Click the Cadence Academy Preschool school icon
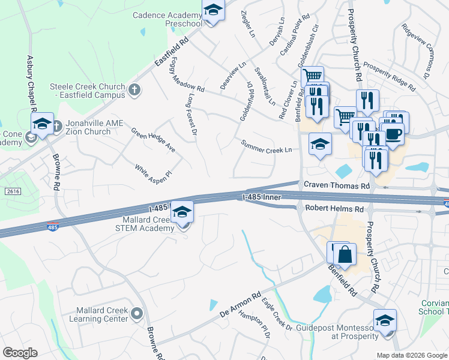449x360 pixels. [212, 11]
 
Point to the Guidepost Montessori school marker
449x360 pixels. [385, 321]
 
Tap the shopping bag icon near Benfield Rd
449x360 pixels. [345, 254]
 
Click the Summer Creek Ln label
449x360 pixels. [266, 146]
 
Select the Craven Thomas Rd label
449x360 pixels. [336, 186]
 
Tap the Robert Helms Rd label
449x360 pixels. [334, 209]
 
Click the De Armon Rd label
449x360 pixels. [240, 306]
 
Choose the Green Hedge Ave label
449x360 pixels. [153, 139]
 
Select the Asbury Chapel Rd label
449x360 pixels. [30, 83]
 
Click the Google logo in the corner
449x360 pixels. [20, 353]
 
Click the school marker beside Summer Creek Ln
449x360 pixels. [320, 144]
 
